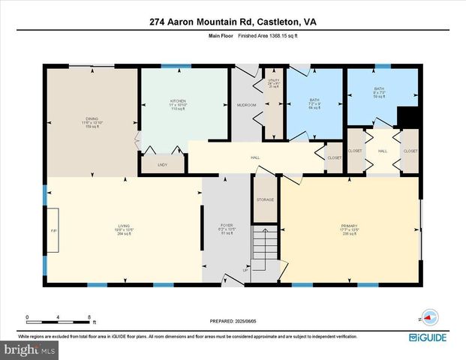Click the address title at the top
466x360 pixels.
[233, 22]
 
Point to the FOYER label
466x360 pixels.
[226, 227]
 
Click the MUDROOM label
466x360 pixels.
[247, 105]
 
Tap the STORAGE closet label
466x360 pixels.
[265, 199]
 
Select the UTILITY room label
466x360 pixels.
[274, 82]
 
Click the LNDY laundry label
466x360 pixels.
[162, 164]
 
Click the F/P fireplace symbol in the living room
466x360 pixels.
[53, 229]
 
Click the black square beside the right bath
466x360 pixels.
[407, 118]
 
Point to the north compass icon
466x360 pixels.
[428, 318]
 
